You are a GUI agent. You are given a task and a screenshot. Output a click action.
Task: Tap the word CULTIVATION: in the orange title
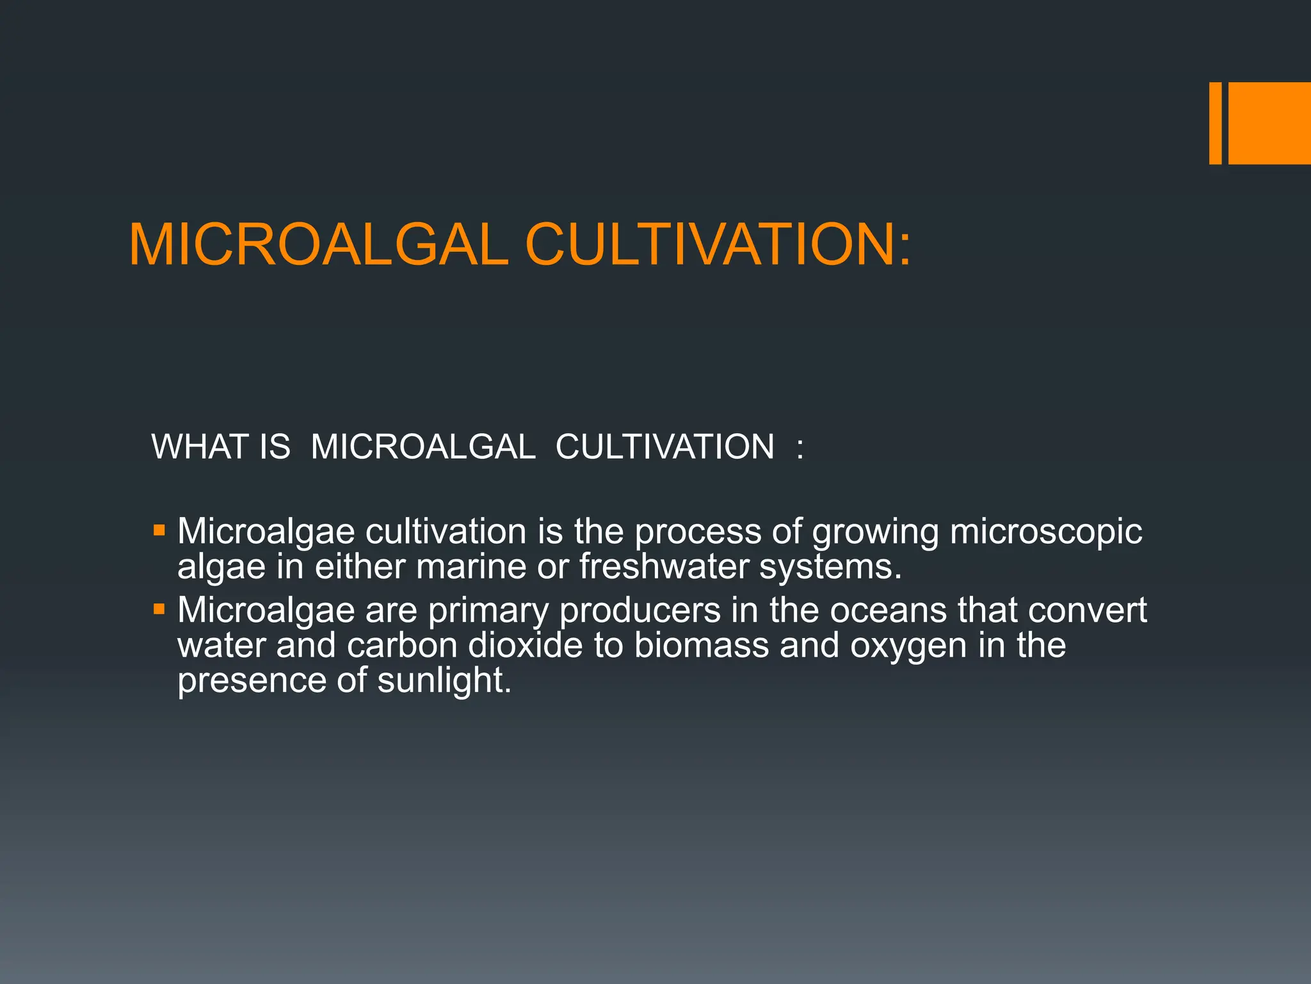(x=718, y=245)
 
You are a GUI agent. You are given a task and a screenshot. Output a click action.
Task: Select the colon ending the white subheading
(x=800, y=447)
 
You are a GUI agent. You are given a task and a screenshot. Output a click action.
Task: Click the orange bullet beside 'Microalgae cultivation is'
(x=159, y=530)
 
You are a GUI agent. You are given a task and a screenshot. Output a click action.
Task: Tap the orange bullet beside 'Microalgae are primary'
(x=159, y=609)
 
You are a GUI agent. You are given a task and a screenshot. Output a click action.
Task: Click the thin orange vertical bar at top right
(x=1215, y=123)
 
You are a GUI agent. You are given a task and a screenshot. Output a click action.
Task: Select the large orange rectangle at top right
(x=1269, y=123)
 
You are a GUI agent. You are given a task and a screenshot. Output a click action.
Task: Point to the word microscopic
(x=1045, y=532)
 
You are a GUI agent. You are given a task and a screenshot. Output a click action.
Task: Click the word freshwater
(x=663, y=566)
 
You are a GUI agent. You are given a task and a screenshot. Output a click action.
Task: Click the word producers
(x=639, y=611)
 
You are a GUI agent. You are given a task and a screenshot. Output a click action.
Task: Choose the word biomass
(x=701, y=645)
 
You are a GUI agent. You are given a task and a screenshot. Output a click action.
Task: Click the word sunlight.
(x=444, y=680)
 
